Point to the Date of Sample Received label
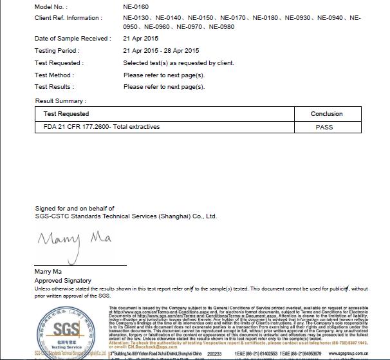pyautogui.click(x=72, y=39)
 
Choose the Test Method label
pyautogui.click(x=54, y=75)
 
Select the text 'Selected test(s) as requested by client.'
pyautogui.click(x=178, y=63)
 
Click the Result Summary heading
pyautogui.click(x=60, y=101)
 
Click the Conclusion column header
pyautogui.click(x=327, y=114)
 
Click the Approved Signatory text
pyautogui.click(x=62, y=281)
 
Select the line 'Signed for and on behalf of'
pyautogui.click(x=75, y=209)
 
